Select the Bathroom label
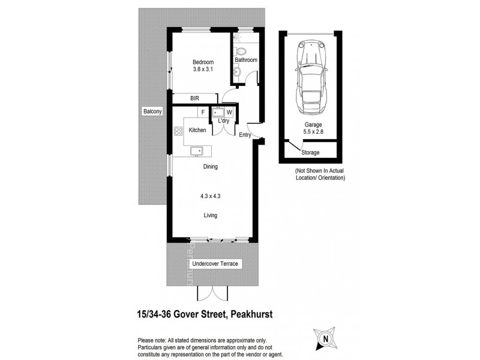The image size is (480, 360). (x=246, y=60)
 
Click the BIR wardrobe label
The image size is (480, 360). (x=194, y=98)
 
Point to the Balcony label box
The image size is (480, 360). (x=152, y=112)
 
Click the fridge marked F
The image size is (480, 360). (x=203, y=112)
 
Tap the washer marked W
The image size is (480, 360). (x=229, y=112)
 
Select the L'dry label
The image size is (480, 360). (x=224, y=121)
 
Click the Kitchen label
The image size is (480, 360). (x=197, y=130)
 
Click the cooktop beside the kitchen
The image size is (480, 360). (x=178, y=131)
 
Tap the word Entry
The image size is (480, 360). (x=245, y=135)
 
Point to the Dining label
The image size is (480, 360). (x=210, y=167)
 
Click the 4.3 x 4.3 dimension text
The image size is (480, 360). (x=210, y=196)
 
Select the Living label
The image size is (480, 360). (x=210, y=215)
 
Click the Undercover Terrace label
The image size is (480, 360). (x=211, y=264)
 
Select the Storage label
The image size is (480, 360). (x=311, y=152)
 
